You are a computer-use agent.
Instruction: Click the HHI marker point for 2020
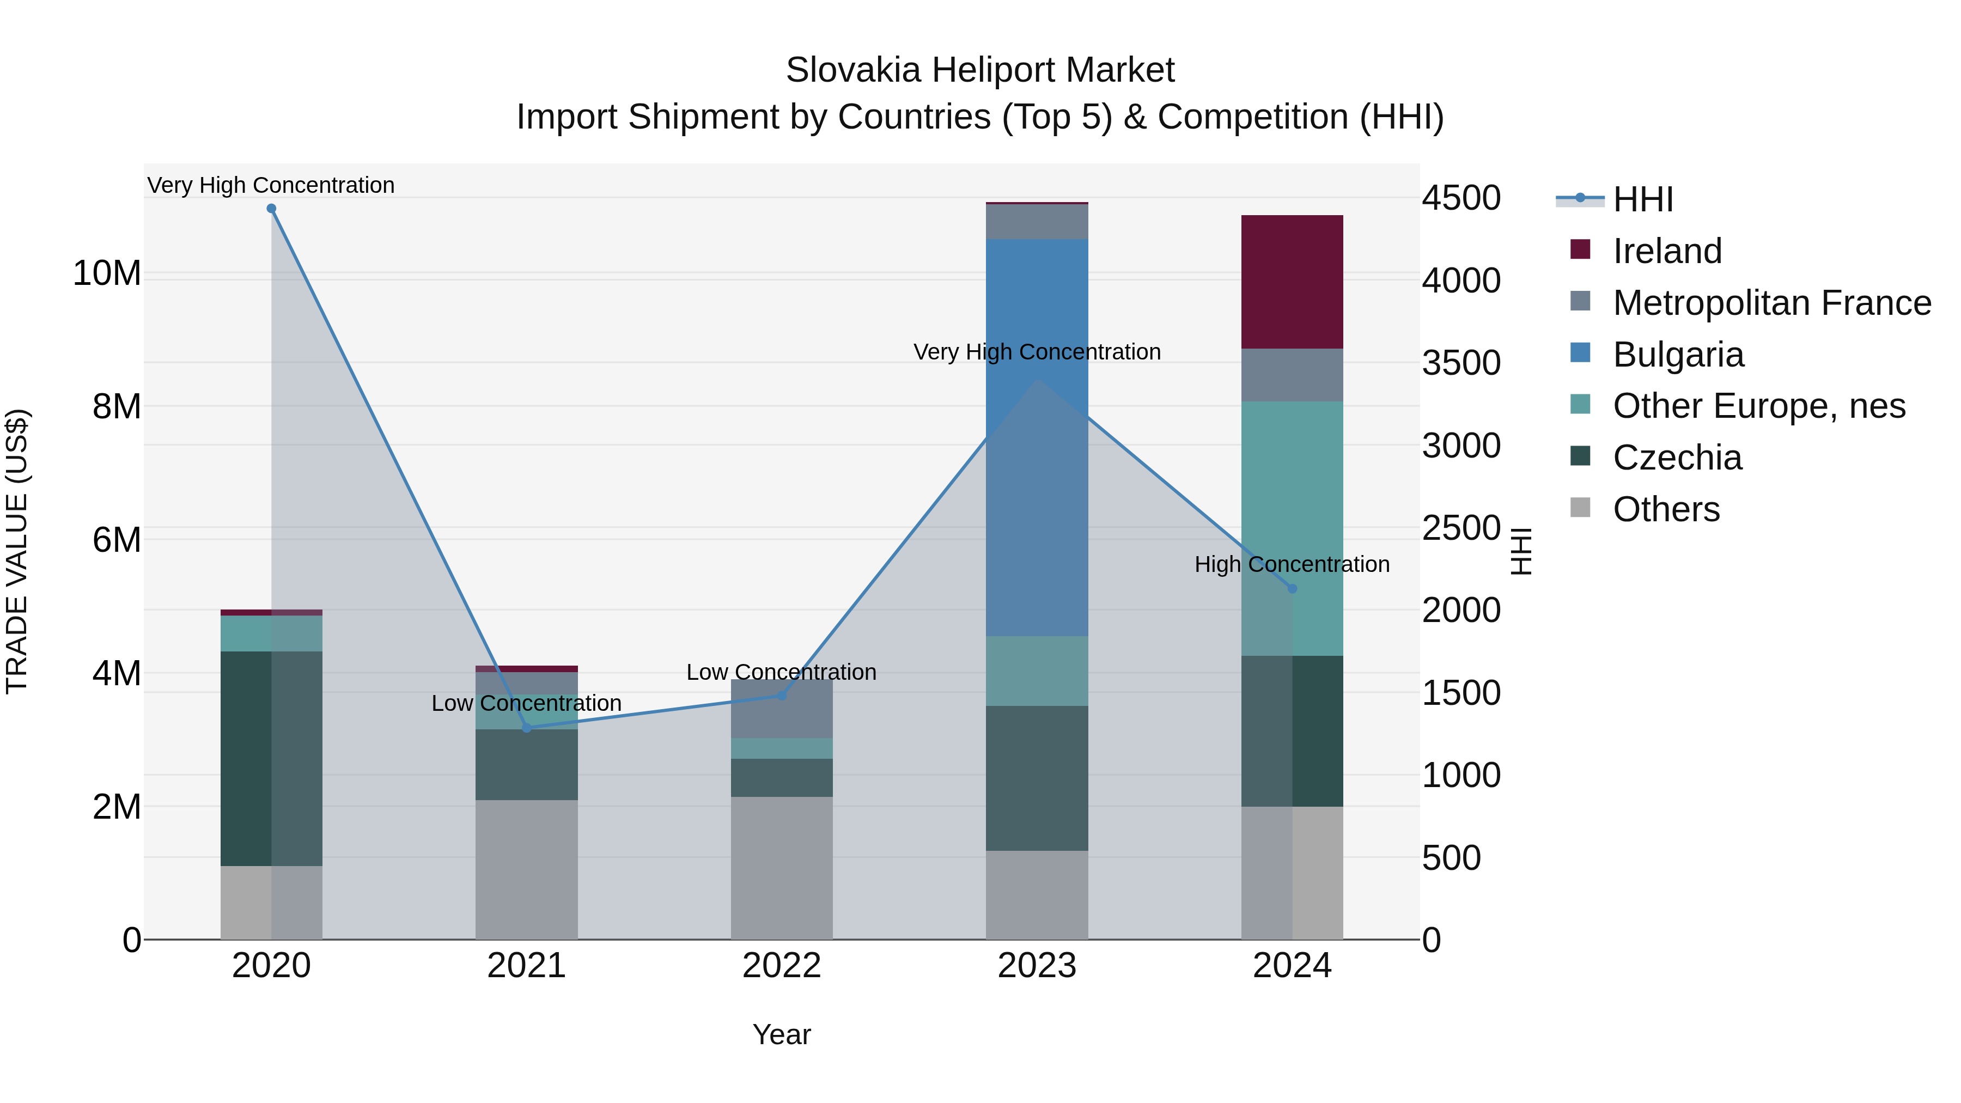tap(271, 209)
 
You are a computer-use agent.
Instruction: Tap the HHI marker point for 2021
tap(527, 728)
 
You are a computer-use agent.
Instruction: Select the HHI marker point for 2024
tap(1292, 588)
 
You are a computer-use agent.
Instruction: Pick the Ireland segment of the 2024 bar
tap(1292, 282)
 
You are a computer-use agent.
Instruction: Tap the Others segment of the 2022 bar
tap(782, 868)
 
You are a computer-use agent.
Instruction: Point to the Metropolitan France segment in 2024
tap(1292, 375)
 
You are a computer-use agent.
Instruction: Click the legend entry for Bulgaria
tap(1678, 355)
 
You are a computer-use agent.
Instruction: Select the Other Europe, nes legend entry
tap(1758, 406)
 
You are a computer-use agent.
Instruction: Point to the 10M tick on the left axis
tap(107, 273)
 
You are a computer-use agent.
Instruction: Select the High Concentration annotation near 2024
tap(1292, 564)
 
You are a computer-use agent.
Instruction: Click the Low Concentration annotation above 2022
tap(782, 672)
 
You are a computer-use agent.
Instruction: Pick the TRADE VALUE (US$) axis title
tap(17, 551)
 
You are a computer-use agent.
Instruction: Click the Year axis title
tap(782, 1034)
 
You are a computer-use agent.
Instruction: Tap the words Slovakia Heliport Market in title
tap(980, 70)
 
